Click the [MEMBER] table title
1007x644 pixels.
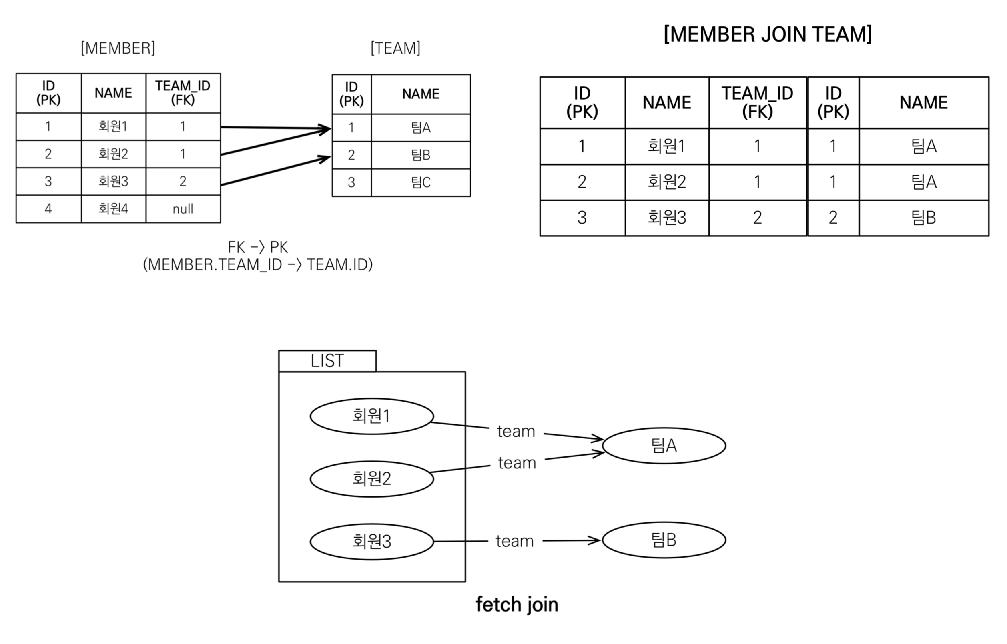point(118,48)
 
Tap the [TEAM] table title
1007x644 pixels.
point(395,48)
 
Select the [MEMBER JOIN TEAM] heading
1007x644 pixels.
point(768,34)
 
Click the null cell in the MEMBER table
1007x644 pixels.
point(183,209)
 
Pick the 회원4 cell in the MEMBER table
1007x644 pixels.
point(113,209)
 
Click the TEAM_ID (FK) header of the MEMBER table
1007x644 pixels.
point(183,93)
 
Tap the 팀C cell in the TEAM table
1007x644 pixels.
point(421,182)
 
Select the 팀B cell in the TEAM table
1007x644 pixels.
point(421,155)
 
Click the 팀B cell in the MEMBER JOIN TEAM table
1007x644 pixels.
point(923,218)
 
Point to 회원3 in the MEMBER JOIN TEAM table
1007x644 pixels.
point(666,218)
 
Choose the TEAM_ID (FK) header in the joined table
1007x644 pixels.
point(757,102)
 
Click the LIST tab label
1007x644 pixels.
point(327,360)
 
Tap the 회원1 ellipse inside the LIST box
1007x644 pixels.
point(371,416)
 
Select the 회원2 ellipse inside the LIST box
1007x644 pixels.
point(371,478)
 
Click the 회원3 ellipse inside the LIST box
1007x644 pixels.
point(371,541)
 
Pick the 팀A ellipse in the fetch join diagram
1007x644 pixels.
point(664,445)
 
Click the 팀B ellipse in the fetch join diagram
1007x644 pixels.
point(664,540)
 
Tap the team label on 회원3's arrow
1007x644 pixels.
point(515,541)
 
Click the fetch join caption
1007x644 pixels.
point(517,605)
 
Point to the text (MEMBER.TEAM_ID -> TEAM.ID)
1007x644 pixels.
point(258,264)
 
